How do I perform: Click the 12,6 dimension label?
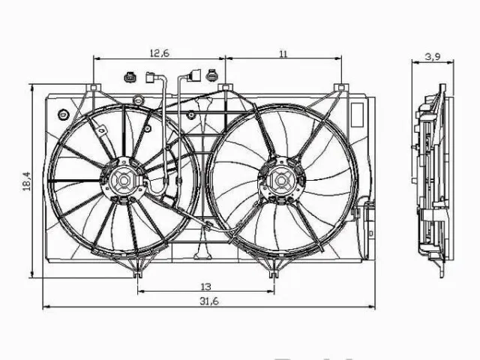point(159,52)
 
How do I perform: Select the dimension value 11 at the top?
point(283,52)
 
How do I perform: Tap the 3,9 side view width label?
point(432,56)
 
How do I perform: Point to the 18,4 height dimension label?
point(26,180)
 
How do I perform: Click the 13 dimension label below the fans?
point(205,286)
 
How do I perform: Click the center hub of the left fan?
point(122,180)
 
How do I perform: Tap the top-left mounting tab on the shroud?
point(94,89)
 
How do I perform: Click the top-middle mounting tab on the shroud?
point(224,89)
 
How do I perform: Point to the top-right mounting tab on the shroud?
point(341,89)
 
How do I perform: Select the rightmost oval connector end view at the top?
point(212,76)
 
